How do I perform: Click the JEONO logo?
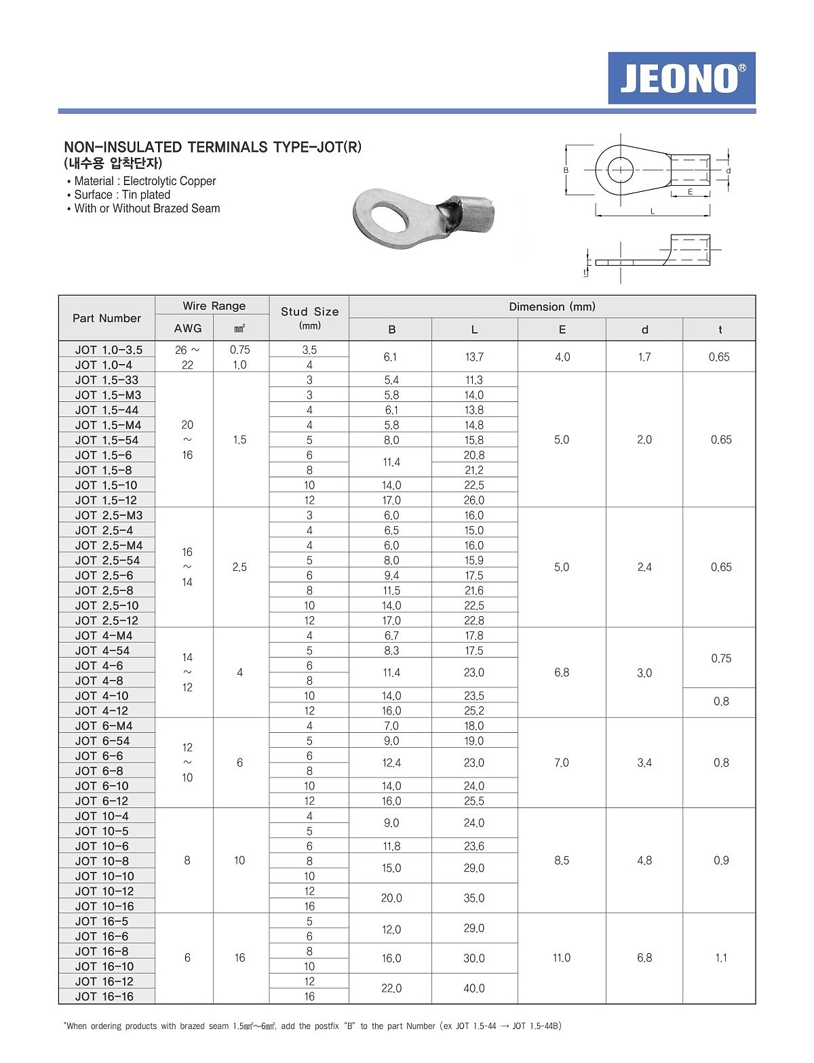pos(681,78)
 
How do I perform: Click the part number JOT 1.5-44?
pos(106,410)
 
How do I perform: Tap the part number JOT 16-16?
pos(104,997)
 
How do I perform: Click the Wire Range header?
pos(214,306)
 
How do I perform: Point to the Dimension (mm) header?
pos(552,306)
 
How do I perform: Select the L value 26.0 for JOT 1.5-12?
pos(474,500)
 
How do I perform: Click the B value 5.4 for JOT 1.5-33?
pos(391,380)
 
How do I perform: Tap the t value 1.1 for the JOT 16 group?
pos(721,958)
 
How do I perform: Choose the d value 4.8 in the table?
pos(644,860)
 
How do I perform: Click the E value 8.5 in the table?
pos(562,860)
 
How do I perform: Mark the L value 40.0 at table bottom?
pos(474,988)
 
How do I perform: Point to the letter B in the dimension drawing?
pos(566,170)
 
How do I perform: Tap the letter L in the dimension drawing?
pos(653,212)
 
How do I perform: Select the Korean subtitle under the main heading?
pos(113,163)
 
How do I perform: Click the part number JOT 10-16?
pos(104,906)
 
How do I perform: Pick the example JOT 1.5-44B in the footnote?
pos(537,1026)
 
